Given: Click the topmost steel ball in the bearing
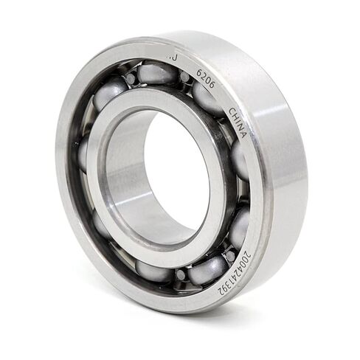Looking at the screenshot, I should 156,72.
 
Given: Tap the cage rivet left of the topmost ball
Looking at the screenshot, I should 130,78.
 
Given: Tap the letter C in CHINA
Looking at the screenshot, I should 232,112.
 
